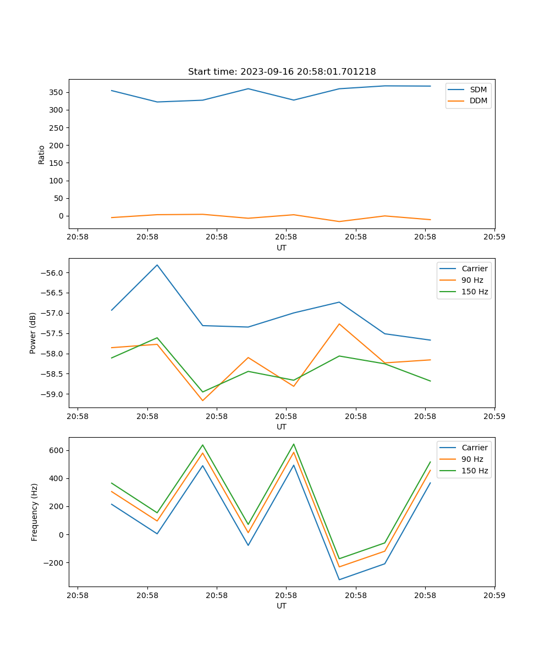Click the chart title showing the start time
[282, 71]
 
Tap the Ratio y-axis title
[42, 154]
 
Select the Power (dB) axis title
[33, 333]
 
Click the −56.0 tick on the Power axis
[54, 273]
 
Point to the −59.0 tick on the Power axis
[54, 394]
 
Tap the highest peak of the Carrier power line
[157, 265]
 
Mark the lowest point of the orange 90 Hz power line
[202, 400]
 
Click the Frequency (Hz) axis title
[35, 512]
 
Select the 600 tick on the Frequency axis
[57, 450]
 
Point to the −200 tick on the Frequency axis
[54, 563]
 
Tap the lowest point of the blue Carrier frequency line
[339, 579]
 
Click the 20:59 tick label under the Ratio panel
[494, 238]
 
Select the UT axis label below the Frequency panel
[282, 606]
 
